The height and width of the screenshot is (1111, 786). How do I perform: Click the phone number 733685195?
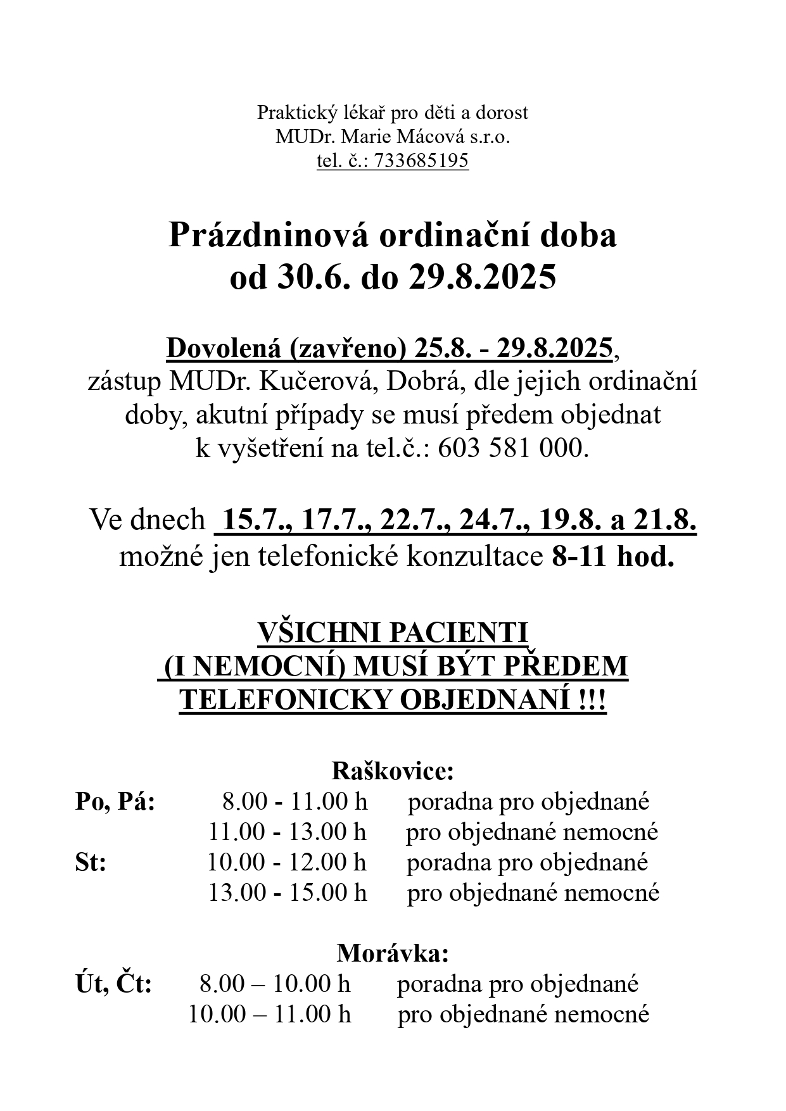[421, 161]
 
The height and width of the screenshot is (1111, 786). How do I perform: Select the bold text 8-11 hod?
[612, 557]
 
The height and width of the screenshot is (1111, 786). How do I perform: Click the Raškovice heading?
[393, 771]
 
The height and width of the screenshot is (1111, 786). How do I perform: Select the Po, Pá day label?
[115, 802]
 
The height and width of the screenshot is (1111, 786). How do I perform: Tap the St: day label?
[91, 863]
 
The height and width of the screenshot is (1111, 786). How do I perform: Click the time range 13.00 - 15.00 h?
[288, 893]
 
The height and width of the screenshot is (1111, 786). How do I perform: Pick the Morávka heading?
[393, 953]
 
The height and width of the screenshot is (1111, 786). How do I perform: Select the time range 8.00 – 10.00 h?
[274, 984]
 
